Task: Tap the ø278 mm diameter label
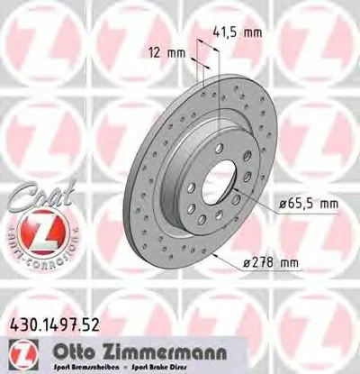(271, 263)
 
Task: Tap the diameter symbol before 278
(247, 263)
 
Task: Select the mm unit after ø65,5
(328, 205)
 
